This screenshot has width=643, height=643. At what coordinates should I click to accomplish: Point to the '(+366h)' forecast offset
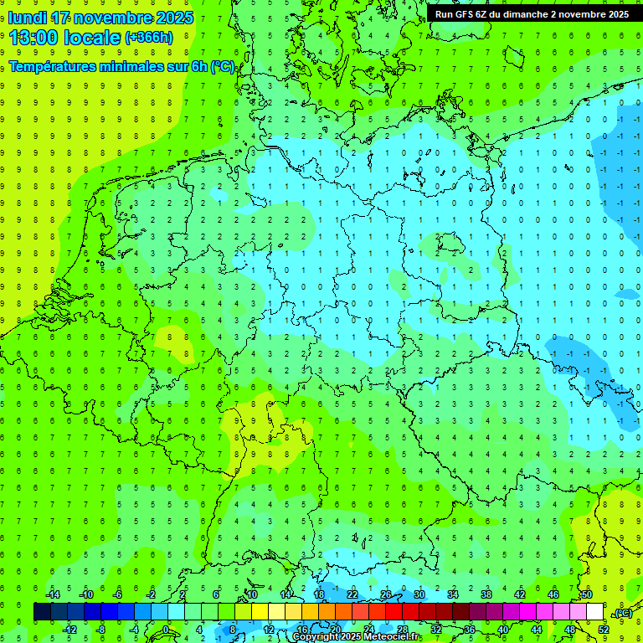[x=148, y=38]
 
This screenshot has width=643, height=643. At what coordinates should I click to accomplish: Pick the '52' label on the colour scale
[x=604, y=630]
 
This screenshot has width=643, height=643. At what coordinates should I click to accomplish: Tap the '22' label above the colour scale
[x=352, y=594]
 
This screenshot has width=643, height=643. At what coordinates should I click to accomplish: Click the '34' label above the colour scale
[x=453, y=594]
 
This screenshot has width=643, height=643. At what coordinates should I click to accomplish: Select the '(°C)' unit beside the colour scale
[x=623, y=614]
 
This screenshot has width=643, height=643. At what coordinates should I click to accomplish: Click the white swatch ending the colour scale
[x=594, y=612]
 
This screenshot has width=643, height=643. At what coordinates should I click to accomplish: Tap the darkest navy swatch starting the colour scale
[x=42, y=612]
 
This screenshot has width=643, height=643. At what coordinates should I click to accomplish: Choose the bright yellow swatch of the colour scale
[x=276, y=612]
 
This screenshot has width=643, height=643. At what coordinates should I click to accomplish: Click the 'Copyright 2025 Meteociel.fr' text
[x=357, y=637]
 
